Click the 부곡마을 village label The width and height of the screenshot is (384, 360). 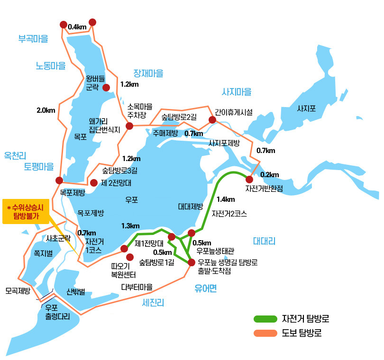tap(33, 39)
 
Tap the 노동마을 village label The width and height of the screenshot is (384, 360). tap(51, 66)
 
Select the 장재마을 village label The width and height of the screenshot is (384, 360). tap(148, 73)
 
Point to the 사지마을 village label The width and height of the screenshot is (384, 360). tap(237, 92)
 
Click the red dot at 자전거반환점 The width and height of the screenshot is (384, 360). tap(249, 179)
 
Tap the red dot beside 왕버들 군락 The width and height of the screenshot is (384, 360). tap(106, 87)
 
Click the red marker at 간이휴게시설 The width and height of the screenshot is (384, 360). tap(212, 120)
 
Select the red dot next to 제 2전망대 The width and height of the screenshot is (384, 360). tap(94, 182)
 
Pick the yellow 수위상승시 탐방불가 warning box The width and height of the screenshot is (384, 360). tap(26, 211)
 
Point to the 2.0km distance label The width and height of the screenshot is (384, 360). tap(46, 110)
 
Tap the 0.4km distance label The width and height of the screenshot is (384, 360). tap(77, 27)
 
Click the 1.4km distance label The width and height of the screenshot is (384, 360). tap(225, 199)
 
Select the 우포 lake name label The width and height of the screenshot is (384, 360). tap(131, 200)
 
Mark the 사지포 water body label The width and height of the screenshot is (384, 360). tap(306, 108)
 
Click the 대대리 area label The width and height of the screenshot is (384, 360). tap(264, 241)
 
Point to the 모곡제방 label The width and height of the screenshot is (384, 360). tap(18, 290)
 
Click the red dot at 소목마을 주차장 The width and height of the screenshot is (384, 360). tap(129, 126)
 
